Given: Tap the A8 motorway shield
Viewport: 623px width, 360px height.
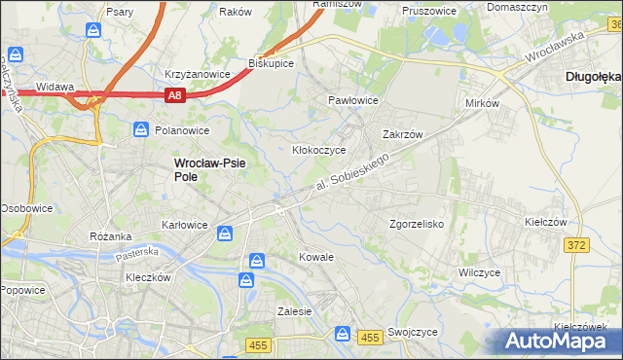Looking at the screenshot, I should point(173,95).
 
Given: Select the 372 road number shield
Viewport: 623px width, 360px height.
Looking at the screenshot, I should point(575,245).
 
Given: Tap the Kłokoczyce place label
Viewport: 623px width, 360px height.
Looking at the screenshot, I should point(319,150).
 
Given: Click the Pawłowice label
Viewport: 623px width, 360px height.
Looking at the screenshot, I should point(352,100).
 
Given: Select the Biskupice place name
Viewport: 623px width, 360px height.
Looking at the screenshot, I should point(272,62).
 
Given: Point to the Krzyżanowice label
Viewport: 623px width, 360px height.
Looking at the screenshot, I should point(197,74).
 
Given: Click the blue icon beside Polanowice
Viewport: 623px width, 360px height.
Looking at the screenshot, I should point(141,129).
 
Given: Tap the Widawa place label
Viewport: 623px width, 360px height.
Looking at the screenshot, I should point(55,87).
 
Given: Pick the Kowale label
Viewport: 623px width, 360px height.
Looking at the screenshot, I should point(316,258).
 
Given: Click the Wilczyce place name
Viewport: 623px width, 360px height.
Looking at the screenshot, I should point(479,272).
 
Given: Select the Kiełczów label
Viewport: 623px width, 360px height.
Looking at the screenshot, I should point(545,222).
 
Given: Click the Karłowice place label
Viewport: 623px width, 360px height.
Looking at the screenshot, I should point(184,225).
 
